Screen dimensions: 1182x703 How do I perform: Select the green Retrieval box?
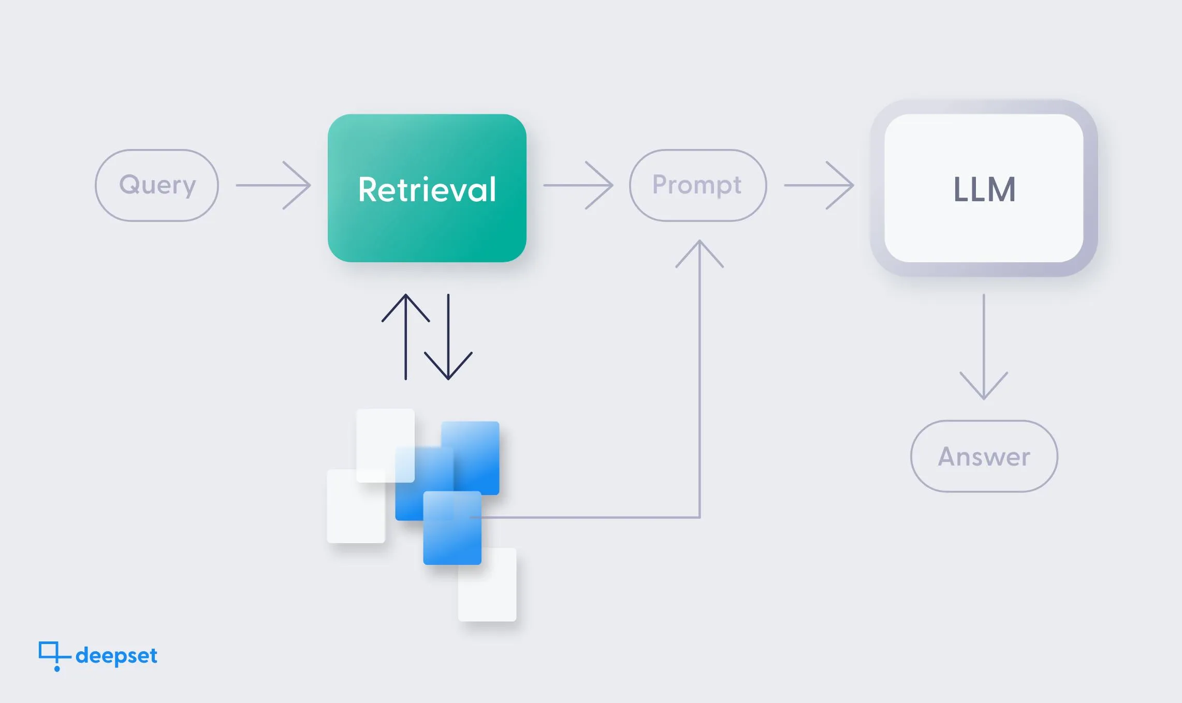click(x=427, y=188)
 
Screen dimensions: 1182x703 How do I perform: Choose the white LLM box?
click(x=984, y=188)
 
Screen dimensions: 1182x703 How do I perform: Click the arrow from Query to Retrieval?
click(x=273, y=185)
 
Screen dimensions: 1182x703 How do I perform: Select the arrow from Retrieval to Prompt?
click(x=578, y=185)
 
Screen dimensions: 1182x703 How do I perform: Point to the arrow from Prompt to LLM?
click(x=819, y=185)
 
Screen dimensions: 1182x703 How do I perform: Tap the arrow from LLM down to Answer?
click(x=984, y=347)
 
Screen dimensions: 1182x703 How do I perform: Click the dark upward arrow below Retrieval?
click(x=406, y=337)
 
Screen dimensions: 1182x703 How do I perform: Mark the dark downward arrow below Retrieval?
click(x=448, y=337)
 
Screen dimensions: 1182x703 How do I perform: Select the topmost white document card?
click(x=385, y=445)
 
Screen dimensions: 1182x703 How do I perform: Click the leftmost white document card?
click(x=356, y=506)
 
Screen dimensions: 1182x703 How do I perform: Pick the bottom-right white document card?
click(x=487, y=585)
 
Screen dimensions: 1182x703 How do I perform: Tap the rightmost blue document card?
click(x=470, y=458)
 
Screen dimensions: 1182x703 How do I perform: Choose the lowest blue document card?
click(x=452, y=528)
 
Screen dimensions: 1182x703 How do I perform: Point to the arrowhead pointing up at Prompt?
click(x=699, y=241)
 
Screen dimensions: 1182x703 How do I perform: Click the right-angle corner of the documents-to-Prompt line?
click(x=699, y=517)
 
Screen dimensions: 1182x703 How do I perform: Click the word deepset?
click(x=116, y=656)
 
